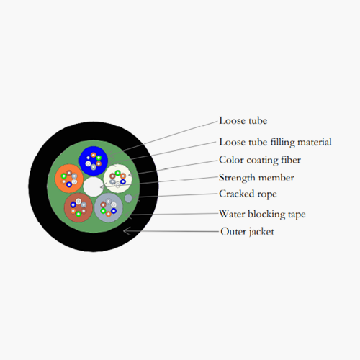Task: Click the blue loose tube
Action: coord(94,161)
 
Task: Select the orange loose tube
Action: coord(69,179)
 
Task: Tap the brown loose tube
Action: coord(78,207)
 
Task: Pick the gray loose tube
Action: coord(109,207)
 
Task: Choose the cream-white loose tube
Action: coord(117,179)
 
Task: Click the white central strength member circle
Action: coord(93,186)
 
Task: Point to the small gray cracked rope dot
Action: coord(128,198)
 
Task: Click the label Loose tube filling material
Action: coord(275,143)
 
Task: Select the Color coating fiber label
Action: coord(260,161)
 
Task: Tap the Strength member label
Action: coord(256,178)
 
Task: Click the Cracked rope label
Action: coord(248,194)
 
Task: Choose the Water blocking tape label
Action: coord(262,214)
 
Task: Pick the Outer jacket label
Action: coord(247,232)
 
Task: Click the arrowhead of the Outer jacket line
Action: coord(124,231)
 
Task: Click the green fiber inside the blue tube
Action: coord(99,158)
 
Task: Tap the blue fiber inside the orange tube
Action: coord(69,184)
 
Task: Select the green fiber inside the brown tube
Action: coord(78,214)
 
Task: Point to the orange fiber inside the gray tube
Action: coord(109,214)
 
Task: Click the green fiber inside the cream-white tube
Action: coord(117,173)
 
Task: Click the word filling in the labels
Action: coord(283,143)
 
